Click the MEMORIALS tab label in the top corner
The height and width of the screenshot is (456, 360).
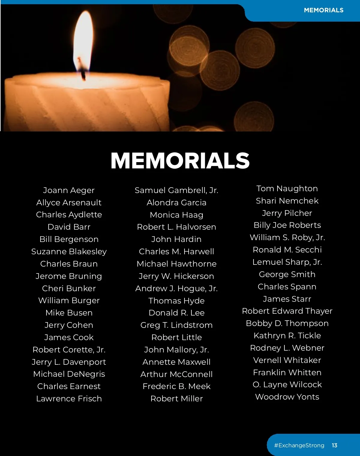click(323, 10)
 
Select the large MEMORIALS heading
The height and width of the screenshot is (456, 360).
click(180, 161)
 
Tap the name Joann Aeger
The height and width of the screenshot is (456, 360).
click(69, 190)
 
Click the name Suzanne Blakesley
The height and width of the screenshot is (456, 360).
click(69, 252)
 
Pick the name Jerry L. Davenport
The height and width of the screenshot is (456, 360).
click(69, 362)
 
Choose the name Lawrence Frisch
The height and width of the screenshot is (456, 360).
click(69, 399)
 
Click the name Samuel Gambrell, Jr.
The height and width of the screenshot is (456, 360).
click(176, 190)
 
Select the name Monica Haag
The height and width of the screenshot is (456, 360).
click(176, 215)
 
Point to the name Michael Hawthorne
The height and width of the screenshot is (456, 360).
click(176, 264)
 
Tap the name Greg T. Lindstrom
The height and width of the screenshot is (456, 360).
click(176, 325)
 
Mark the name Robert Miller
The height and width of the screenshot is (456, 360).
click(176, 399)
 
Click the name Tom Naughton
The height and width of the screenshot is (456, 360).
click(287, 189)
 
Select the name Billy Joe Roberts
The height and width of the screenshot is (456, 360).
click(287, 225)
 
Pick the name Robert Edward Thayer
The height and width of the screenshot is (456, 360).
click(287, 311)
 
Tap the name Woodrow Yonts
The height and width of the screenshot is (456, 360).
click(287, 397)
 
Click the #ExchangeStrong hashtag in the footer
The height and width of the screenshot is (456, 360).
click(299, 445)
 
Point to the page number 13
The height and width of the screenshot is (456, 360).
click(334, 445)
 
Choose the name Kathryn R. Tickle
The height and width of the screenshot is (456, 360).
click(287, 336)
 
